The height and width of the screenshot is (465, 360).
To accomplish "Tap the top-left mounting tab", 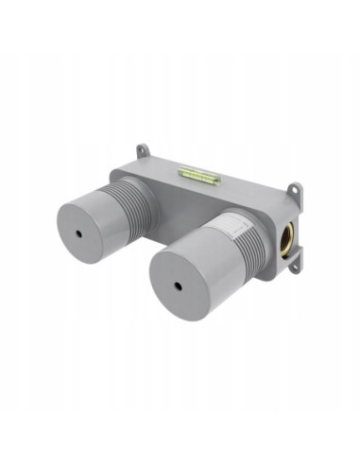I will pos(142,150).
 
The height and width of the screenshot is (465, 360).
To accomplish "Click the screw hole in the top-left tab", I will pos(142,148).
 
